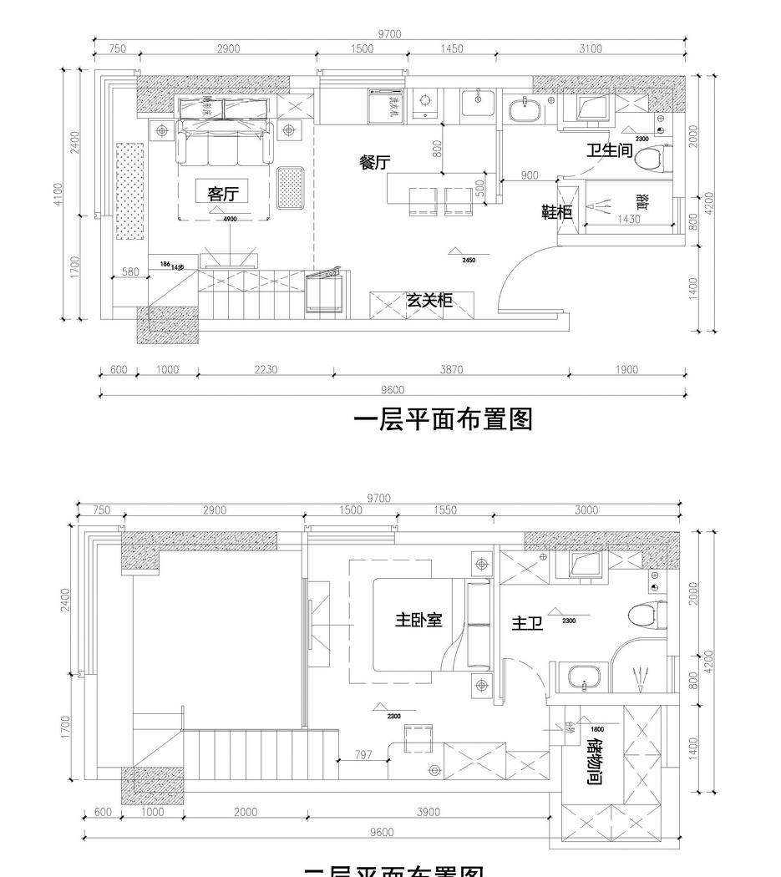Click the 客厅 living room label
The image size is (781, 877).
pos(222,194)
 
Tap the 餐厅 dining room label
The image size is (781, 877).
pos(375,163)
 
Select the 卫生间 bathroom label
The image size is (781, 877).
pos(609,150)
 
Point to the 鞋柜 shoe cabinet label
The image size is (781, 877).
pos(557,212)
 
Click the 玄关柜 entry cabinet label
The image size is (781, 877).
pos(429,301)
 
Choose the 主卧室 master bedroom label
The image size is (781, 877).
pos(418,621)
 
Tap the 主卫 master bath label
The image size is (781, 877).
pos(527,623)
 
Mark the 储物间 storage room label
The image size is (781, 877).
pos(594,761)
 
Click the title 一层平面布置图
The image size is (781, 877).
pos(443,418)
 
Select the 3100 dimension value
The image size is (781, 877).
pos(590,49)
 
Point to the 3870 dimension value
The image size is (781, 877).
pos(451,370)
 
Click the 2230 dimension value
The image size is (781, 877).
pos(266,370)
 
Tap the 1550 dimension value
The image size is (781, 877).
pos(446,510)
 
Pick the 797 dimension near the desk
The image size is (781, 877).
pos(363,755)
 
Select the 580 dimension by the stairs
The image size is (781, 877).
pos(130,271)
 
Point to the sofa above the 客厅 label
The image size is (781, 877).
pos(223,143)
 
